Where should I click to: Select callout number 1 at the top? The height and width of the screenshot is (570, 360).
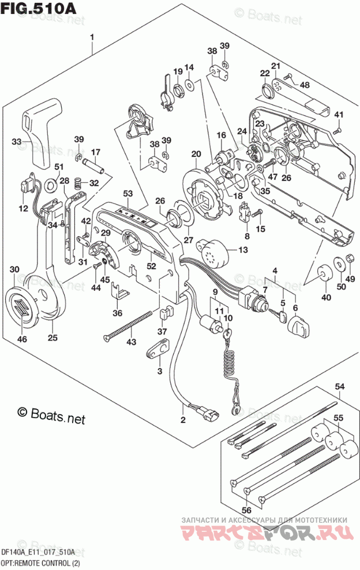[x=91, y=39]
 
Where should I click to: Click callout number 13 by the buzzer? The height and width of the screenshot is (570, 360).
[x=242, y=249]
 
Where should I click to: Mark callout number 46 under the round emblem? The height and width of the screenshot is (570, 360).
[x=22, y=339]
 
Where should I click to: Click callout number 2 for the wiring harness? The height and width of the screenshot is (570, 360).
[x=183, y=419]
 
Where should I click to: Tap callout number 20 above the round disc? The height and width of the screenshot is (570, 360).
[x=196, y=154]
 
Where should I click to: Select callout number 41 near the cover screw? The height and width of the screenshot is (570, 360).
[x=339, y=114]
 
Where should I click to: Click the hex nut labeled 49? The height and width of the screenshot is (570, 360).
[x=348, y=261]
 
